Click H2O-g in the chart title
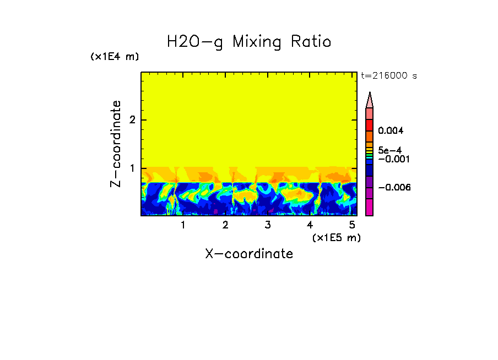[195, 42]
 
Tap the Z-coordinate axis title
[116, 144]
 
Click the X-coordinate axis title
[249, 254]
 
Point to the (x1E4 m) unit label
[115, 57]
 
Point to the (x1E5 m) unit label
[336, 237]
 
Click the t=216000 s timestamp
[388, 76]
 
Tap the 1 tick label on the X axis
[183, 225]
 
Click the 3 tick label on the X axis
[267, 225]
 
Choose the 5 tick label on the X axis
[352, 225]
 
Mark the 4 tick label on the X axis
[310, 225]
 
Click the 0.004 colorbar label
[391, 131]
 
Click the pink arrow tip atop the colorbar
[370, 99]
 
